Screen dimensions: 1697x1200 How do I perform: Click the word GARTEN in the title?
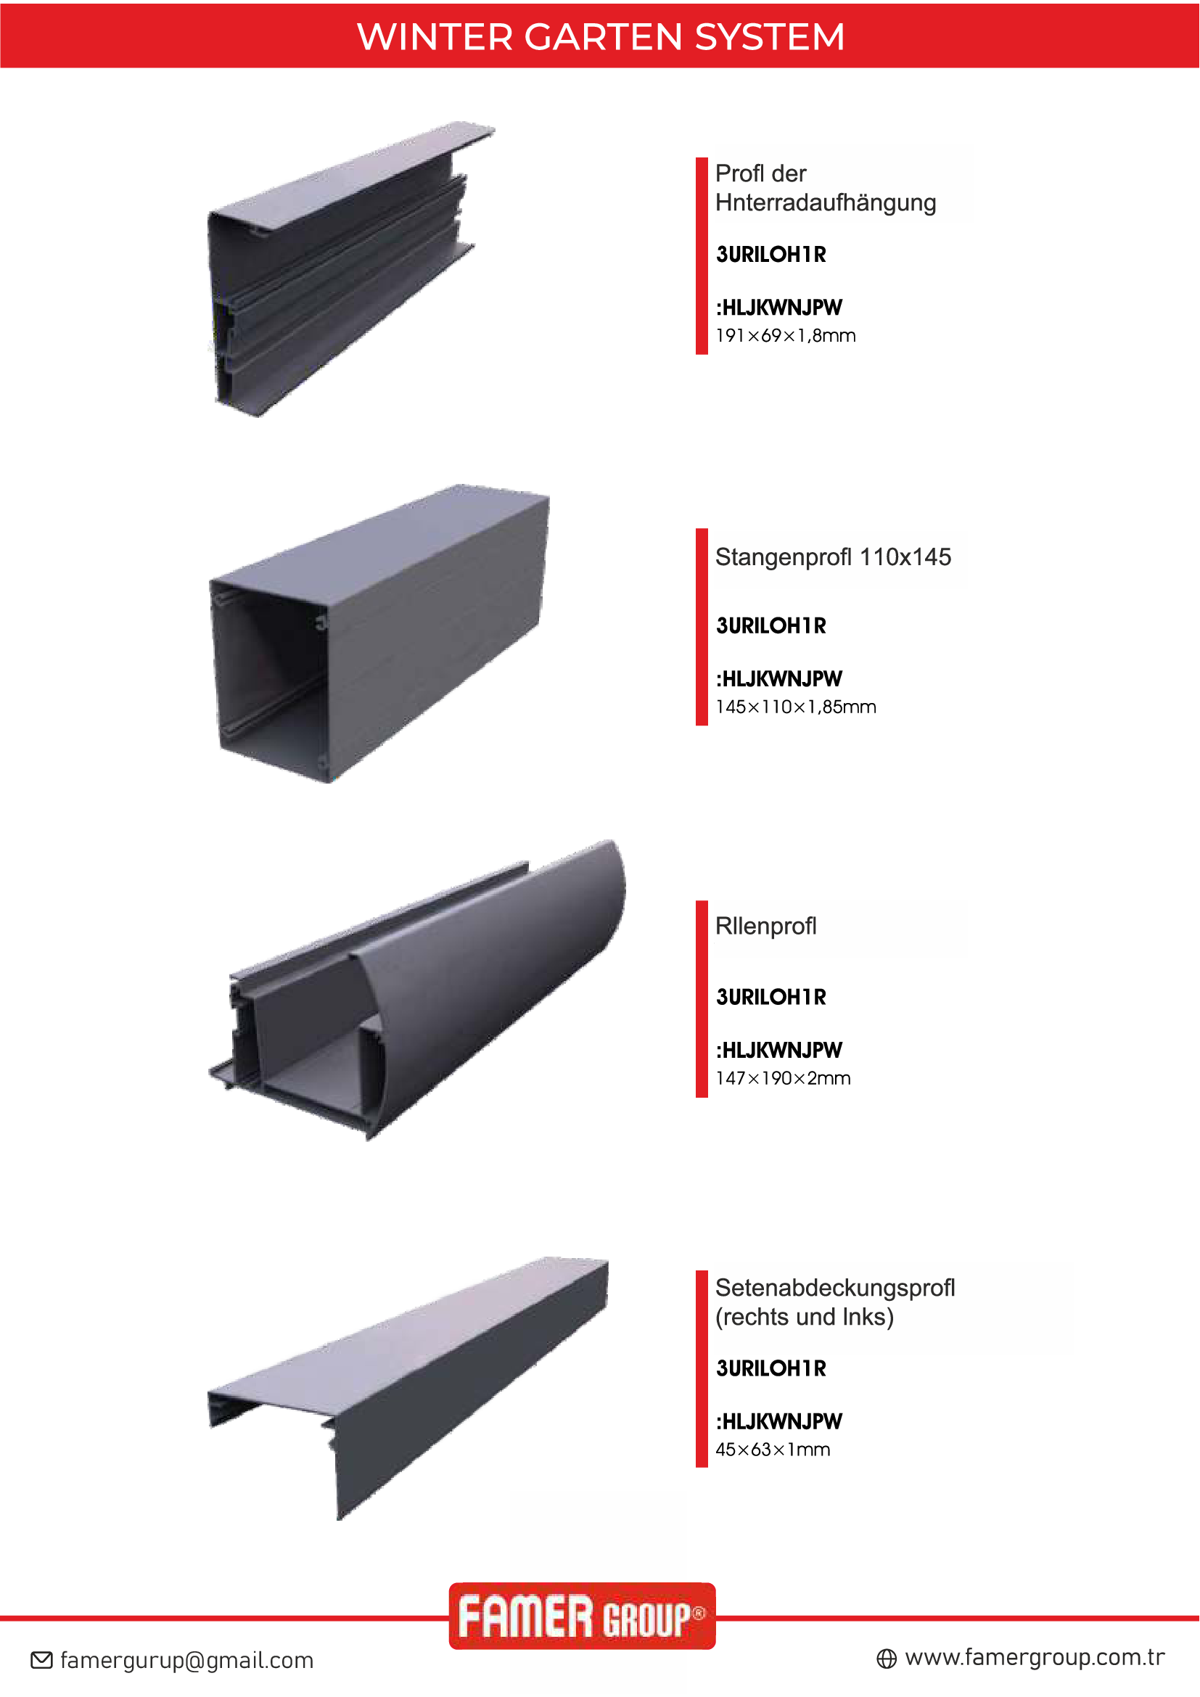click(603, 37)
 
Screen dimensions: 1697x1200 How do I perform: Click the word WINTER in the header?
click(435, 37)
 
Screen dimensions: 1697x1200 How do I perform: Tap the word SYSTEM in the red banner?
click(770, 37)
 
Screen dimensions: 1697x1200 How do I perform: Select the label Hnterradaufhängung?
click(826, 202)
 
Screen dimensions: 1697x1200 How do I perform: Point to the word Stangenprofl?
click(784, 557)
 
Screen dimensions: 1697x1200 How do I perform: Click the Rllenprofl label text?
click(765, 926)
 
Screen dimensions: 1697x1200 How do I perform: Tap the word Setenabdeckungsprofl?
click(835, 1289)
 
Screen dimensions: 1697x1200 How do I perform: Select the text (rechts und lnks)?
click(804, 1317)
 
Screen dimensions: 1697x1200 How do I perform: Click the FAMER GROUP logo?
click(583, 1616)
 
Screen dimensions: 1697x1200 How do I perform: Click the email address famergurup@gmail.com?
click(187, 1661)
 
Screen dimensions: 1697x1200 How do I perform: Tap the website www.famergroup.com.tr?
click(1035, 1658)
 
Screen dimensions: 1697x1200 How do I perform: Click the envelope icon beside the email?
click(41, 1661)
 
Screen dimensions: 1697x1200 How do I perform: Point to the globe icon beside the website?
click(887, 1659)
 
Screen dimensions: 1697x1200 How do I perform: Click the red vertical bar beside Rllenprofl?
click(702, 998)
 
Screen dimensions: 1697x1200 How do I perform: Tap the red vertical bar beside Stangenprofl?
click(702, 628)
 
